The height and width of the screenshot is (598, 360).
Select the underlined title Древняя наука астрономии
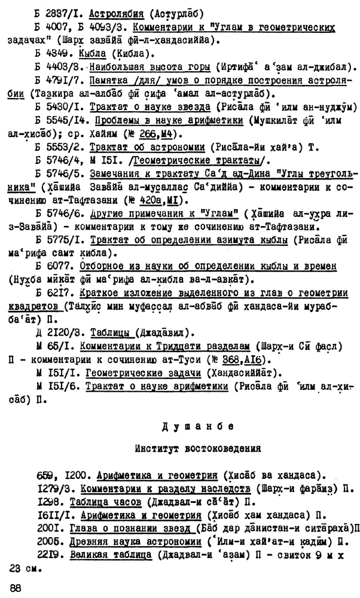[x=127, y=541]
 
